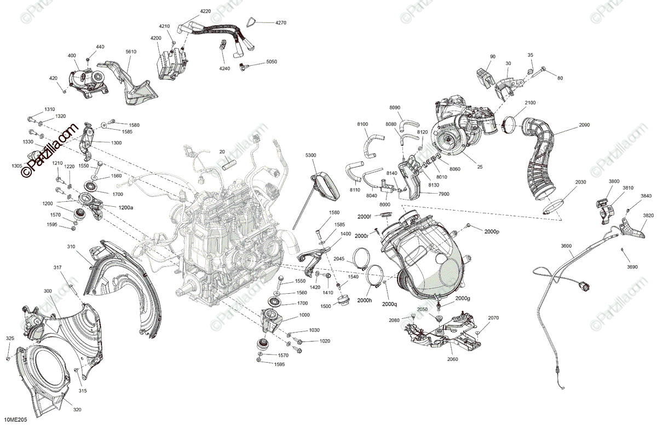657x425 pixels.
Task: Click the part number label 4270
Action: (x=281, y=22)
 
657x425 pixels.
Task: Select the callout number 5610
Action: (x=131, y=51)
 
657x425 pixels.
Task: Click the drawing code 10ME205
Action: (x=16, y=420)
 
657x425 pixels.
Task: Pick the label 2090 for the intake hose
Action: (x=584, y=125)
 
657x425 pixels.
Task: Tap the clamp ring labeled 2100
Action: (x=511, y=128)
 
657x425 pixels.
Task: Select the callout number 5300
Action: (x=310, y=155)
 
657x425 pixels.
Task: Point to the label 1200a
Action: (x=126, y=207)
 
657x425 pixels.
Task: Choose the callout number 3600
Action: (x=566, y=246)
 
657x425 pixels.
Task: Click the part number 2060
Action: (x=452, y=359)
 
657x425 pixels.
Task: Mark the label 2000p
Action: (x=492, y=231)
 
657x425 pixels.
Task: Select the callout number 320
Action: (x=77, y=410)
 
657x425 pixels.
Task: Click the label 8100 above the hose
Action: (x=362, y=124)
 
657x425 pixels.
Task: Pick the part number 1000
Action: (x=304, y=315)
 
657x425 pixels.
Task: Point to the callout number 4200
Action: (x=155, y=38)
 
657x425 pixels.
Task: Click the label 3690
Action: (x=632, y=267)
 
